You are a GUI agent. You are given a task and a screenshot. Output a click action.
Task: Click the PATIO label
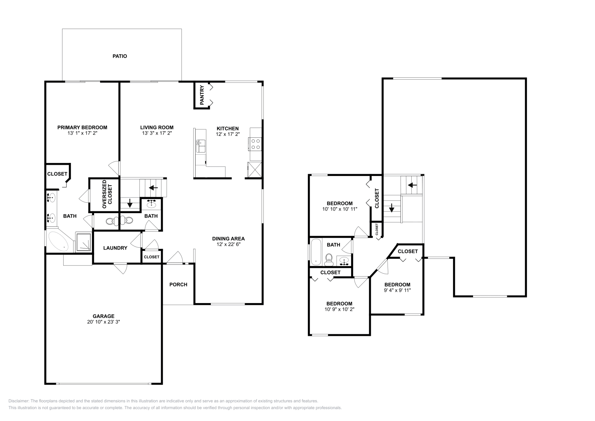click(x=120, y=56)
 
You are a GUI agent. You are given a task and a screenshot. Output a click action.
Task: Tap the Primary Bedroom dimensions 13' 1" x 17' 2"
click(x=82, y=133)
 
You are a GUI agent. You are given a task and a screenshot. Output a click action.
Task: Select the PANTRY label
click(x=202, y=95)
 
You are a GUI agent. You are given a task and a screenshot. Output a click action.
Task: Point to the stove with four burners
click(x=255, y=144)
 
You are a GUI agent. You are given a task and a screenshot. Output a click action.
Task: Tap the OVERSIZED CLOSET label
click(x=104, y=194)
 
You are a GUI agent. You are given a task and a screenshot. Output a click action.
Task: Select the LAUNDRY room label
click(x=115, y=248)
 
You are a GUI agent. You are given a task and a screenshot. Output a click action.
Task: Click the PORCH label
click(x=178, y=285)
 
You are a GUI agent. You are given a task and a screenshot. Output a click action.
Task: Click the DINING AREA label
click(x=228, y=239)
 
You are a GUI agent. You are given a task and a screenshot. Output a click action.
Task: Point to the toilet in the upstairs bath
click(x=329, y=260)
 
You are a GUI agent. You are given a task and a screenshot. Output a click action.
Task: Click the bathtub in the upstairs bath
click(x=316, y=252)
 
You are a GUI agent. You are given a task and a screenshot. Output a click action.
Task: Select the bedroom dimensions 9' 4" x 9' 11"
click(x=397, y=290)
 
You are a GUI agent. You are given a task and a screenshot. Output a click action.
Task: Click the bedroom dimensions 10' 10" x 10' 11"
click(x=340, y=209)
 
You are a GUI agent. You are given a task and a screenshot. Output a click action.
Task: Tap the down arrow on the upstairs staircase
click(x=391, y=208)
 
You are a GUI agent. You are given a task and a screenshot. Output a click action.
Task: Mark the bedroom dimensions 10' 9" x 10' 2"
click(x=339, y=309)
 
